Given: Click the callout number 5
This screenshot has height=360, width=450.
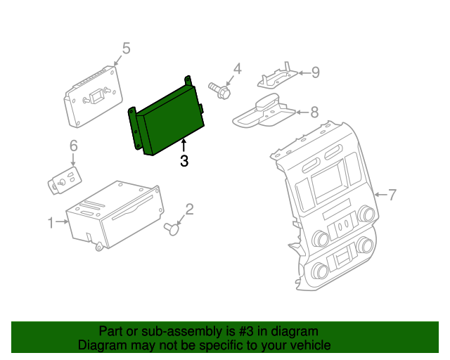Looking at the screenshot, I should (126, 48).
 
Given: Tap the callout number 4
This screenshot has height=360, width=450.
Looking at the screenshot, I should (237, 68).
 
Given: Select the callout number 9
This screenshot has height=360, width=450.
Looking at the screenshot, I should (316, 72).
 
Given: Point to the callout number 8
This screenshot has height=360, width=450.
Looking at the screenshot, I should (314, 111).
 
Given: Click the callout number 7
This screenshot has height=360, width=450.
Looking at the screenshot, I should (393, 194).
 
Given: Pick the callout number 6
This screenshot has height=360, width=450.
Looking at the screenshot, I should (73, 146).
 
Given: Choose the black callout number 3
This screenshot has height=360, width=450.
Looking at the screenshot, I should (184, 161).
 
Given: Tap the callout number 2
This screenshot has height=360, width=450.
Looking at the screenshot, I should (189, 209).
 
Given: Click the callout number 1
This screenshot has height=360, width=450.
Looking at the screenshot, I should (51, 223).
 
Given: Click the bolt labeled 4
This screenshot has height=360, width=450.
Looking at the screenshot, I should (219, 90).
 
